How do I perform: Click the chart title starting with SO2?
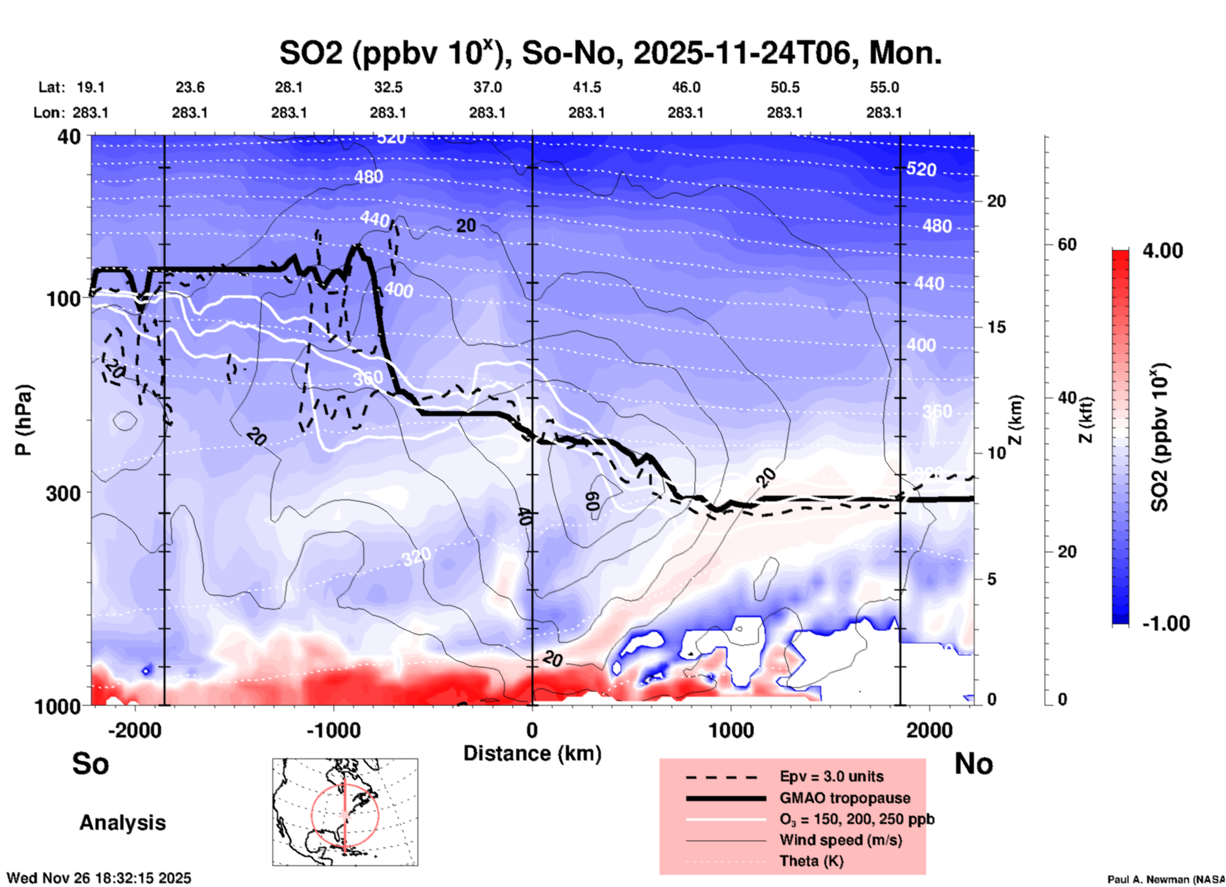click(x=610, y=53)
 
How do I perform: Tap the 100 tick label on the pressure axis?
click(x=63, y=298)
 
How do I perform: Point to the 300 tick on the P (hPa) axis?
click(x=63, y=493)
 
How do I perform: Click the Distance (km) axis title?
click(x=532, y=753)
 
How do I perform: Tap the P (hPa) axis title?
click(x=24, y=420)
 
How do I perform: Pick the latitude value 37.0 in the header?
click(x=487, y=87)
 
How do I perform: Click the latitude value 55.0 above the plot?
click(x=884, y=87)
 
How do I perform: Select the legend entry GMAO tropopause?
click(x=845, y=798)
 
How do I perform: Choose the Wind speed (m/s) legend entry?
click(x=840, y=840)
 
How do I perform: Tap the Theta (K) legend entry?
click(x=811, y=861)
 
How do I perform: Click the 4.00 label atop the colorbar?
click(x=1162, y=251)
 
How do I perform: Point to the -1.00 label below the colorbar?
click(x=1166, y=623)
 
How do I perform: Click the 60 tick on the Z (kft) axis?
click(x=1067, y=244)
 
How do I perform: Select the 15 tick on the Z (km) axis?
click(x=996, y=327)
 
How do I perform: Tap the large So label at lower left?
click(x=90, y=764)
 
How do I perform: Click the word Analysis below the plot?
click(x=122, y=823)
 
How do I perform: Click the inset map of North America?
click(x=345, y=812)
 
